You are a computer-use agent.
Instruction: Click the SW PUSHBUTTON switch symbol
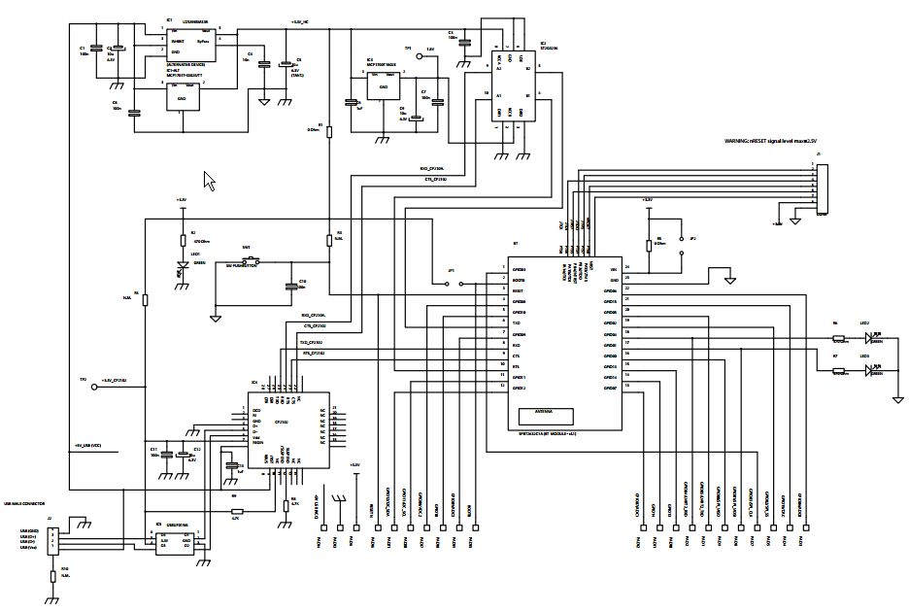coord(255,259)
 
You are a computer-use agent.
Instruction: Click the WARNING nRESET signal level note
coord(771,141)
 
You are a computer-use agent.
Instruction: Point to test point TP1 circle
coord(420,57)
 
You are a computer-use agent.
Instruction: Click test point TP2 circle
coord(94,387)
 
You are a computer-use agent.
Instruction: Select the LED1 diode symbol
coord(182,265)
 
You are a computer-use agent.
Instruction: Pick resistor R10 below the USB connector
coord(52,577)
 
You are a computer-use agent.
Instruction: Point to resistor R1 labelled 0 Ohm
coord(329,130)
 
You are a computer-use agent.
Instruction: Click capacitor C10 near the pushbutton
coord(289,286)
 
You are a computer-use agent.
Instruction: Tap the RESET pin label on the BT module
coord(520,290)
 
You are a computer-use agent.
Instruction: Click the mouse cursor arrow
coord(208,179)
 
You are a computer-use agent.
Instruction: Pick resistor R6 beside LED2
coord(838,338)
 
